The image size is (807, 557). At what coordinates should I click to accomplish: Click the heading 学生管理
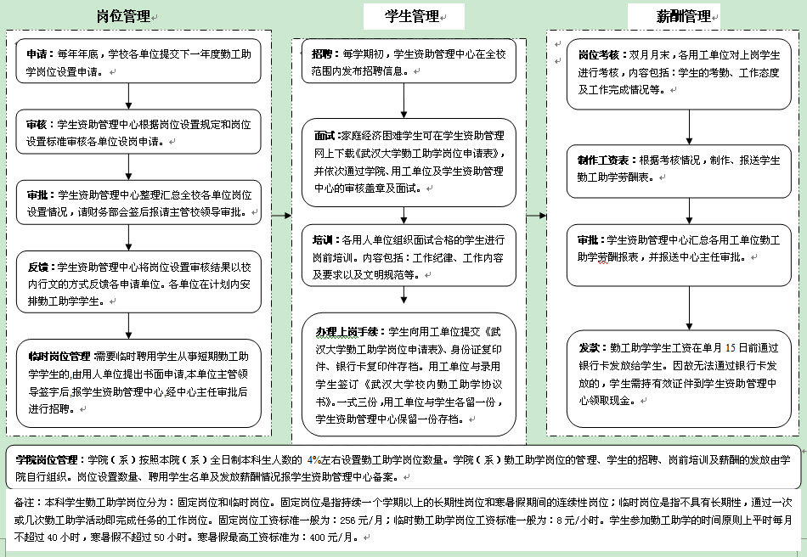[x=411, y=16]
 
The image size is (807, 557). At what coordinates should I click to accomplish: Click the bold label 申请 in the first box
[x=37, y=53]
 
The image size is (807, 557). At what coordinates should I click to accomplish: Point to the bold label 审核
[x=37, y=124]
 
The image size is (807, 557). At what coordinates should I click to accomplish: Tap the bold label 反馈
[x=37, y=267]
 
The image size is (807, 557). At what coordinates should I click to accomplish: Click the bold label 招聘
[x=322, y=53]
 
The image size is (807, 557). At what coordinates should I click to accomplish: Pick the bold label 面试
[x=325, y=136]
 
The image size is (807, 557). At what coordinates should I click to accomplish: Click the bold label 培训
[x=324, y=241]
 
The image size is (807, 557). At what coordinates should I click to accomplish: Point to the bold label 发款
[x=590, y=348]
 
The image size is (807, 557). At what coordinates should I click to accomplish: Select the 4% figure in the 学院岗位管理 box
[x=315, y=460]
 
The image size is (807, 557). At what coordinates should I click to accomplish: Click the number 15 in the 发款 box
[x=730, y=348]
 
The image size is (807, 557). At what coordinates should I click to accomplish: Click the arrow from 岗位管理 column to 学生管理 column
[x=281, y=216]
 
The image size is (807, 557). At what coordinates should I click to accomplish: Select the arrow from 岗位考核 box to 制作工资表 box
[x=690, y=127]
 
